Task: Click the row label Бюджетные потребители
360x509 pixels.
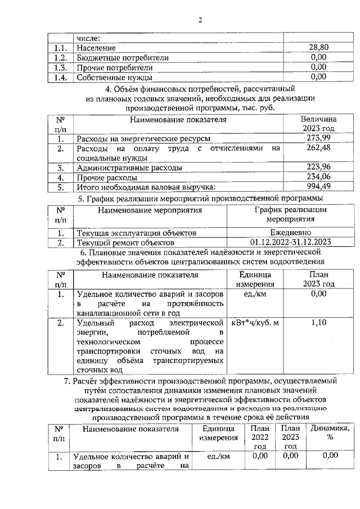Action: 122,58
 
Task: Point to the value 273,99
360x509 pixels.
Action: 318,138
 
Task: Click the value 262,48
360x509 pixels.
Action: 318,148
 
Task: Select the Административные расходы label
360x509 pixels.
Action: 129,168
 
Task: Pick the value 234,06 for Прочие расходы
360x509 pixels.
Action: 318,177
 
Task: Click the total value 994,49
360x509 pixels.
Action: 318,187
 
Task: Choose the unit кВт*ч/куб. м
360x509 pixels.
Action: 255,325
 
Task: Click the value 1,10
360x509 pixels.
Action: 318,325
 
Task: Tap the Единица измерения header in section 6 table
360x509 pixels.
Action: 255,280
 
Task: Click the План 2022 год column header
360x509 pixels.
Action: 259,438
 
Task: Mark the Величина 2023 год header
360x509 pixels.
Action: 318,124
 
